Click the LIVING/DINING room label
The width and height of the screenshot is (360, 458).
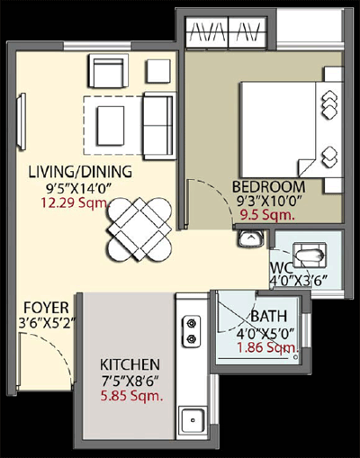tap(80, 172)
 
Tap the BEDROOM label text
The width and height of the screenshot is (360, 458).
tap(269, 187)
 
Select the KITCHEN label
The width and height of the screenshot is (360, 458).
tap(130, 364)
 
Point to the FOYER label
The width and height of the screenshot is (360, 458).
tap(47, 308)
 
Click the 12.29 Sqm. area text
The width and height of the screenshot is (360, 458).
tap(74, 203)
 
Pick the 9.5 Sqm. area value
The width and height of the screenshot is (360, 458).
tap(267, 215)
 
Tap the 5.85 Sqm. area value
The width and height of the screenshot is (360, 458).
tap(131, 396)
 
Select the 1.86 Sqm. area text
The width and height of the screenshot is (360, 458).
tap(268, 347)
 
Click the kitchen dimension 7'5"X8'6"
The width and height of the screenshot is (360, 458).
tap(130, 381)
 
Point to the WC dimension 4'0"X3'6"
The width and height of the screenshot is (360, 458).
tap(299, 282)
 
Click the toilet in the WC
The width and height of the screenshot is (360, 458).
tap(310, 256)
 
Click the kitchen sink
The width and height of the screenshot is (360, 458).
tap(193, 420)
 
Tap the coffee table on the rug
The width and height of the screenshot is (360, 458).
tap(111, 126)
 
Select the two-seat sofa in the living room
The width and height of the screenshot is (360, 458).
tap(159, 126)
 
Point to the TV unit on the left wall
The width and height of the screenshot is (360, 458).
tap(22, 121)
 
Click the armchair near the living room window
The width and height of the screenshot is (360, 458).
tap(108, 71)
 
